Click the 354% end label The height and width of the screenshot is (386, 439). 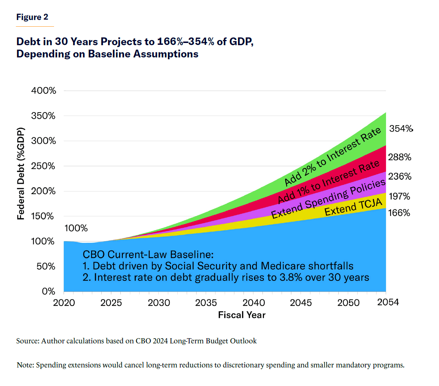(401, 129)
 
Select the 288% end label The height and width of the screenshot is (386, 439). (399, 157)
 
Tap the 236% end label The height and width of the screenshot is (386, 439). (399, 176)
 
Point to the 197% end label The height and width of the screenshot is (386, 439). (399, 196)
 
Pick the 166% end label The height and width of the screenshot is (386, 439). (399, 213)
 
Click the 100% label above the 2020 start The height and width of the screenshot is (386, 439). (76, 228)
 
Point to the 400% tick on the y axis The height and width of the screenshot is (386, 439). (44, 91)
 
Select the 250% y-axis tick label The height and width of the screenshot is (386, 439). (44, 166)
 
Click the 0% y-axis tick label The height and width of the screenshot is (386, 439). (48, 292)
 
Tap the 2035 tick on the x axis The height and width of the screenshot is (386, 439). (206, 303)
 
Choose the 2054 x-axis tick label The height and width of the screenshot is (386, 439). (388, 302)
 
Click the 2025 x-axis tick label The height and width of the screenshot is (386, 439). (111, 303)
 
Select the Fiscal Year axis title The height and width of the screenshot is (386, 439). (242, 315)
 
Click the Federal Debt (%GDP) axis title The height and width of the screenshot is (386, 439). (21, 173)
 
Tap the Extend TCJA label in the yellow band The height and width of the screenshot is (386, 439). (353, 207)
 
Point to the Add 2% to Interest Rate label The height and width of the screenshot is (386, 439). (332, 156)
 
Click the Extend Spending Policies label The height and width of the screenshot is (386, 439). (328, 199)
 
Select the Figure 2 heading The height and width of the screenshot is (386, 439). (32, 17)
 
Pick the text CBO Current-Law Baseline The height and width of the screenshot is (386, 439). (148, 254)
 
